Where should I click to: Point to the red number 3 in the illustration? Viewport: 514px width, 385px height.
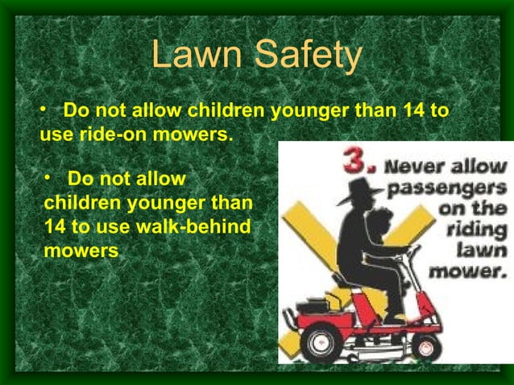pos(358,160)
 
